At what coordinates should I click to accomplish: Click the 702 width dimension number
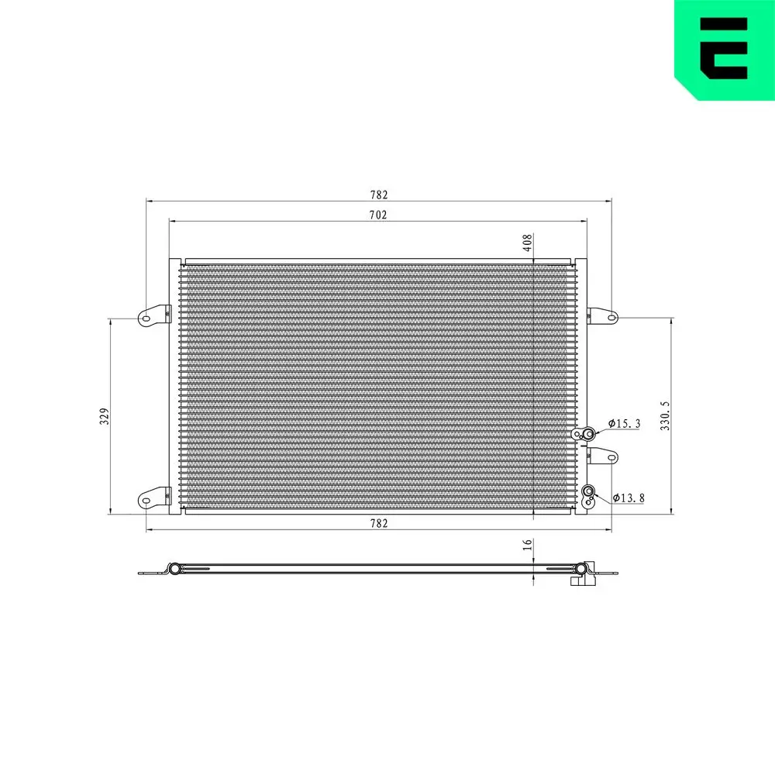pyautogui.click(x=377, y=215)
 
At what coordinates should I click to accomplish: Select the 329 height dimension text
pyautogui.click(x=104, y=415)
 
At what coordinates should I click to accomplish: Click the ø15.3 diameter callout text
pyautogui.click(x=625, y=423)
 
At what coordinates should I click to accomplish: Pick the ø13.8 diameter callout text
pyautogui.click(x=629, y=498)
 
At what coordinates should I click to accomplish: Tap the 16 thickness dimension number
pyautogui.click(x=527, y=546)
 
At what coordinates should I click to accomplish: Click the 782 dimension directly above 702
pyautogui.click(x=377, y=195)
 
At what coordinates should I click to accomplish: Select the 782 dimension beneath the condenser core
pyautogui.click(x=377, y=524)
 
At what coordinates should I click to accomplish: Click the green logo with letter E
pyautogui.click(x=724, y=48)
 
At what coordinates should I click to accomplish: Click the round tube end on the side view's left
pyautogui.click(x=175, y=570)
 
